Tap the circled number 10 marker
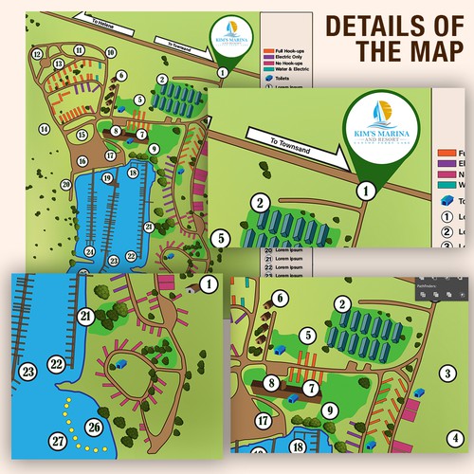click(x=111, y=53)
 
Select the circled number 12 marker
click(x=37, y=54)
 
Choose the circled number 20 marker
click(x=66, y=185)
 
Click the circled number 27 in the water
click(x=59, y=441)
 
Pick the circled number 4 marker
click(x=457, y=438)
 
